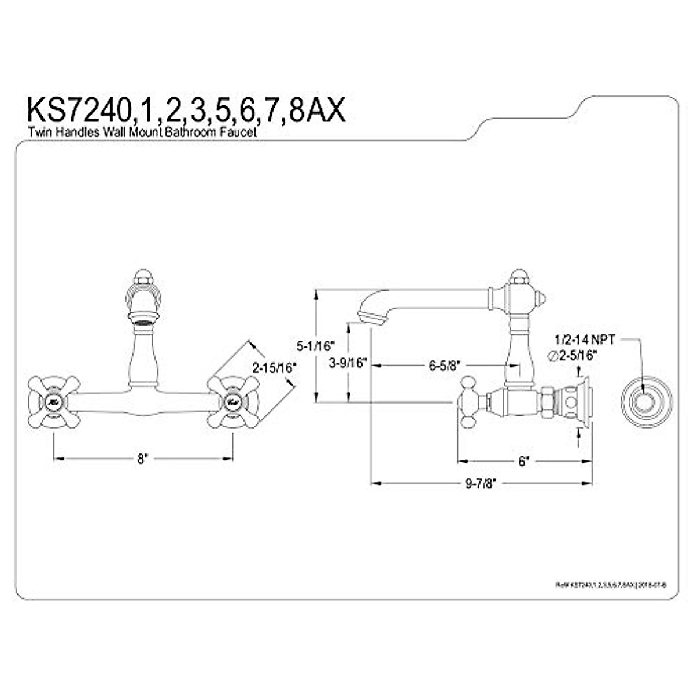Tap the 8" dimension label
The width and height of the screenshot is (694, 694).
[143, 459]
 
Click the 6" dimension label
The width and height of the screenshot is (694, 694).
[524, 462]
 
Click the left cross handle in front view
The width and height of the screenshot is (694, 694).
[54, 401]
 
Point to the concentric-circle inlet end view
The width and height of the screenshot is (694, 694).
[643, 402]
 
